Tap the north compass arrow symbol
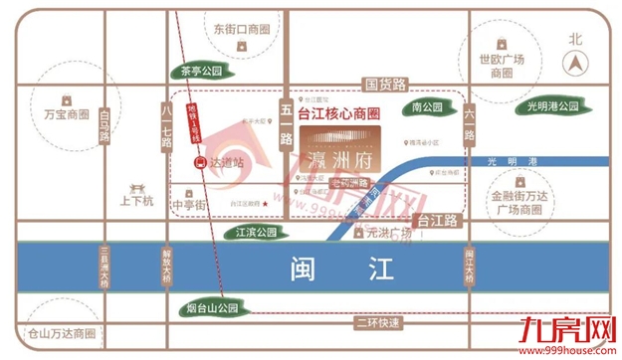(x=574, y=63)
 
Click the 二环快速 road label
(x=377, y=323)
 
